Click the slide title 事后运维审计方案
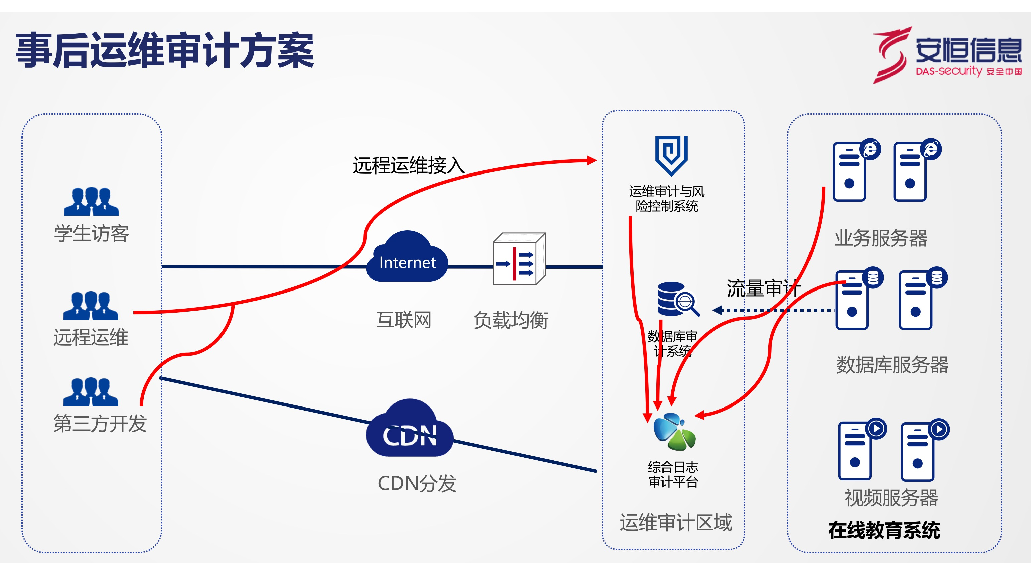tap(164, 51)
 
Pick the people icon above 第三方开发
tap(91, 392)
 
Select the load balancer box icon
tap(519, 259)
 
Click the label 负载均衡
tap(511, 320)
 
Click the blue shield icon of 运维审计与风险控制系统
tap(671, 155)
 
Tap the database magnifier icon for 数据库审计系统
tap(678, 299)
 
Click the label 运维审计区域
tap(676, 522)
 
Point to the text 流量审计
tap(763, 288)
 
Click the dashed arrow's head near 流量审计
tap(718, 310)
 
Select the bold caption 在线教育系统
tap(884, 530)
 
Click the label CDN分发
tap(417, 483)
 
